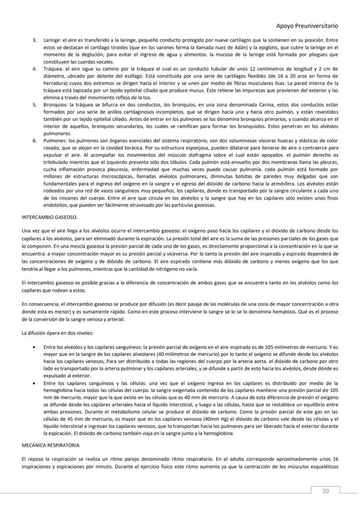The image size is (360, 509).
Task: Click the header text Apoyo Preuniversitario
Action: point(307,26)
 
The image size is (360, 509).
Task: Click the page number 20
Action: point(325,491)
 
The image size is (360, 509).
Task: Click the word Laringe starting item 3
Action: point(52,40)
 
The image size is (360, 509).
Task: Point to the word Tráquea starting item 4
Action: point(53,69)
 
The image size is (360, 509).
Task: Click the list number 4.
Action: point(34,69)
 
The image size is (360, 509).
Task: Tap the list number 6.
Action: point(34,141)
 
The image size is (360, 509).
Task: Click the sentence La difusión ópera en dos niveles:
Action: point(57,333)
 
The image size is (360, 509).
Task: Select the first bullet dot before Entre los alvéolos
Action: point(34,347)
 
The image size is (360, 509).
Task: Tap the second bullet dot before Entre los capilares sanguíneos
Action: point(34,383)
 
